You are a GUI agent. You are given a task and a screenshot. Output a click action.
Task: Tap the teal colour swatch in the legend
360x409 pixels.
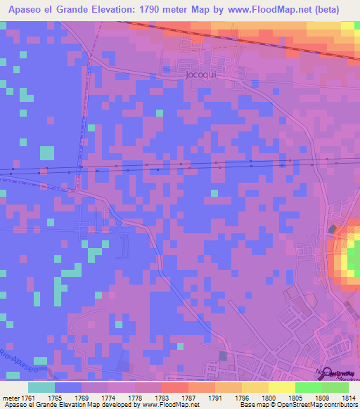click(x=41, y=387)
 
